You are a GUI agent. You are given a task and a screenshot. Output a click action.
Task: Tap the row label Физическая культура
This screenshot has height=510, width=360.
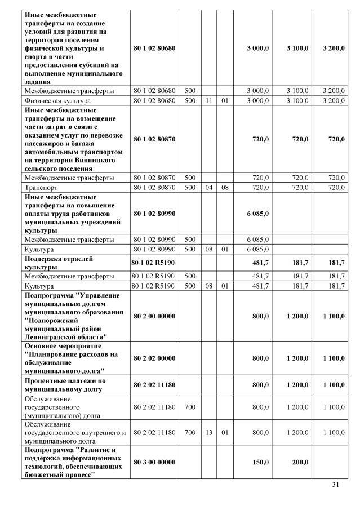coord(51,100)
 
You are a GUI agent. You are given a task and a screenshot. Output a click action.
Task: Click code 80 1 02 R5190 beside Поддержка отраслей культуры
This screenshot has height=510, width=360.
coord(154,263)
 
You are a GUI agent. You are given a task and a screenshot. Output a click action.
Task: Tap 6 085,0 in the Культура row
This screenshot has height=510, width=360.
coord(259,249)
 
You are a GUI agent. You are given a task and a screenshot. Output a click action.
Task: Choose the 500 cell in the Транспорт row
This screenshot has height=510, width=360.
coord(190,187)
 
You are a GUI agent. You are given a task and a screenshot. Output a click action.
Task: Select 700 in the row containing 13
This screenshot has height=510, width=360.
coord(190,432)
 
